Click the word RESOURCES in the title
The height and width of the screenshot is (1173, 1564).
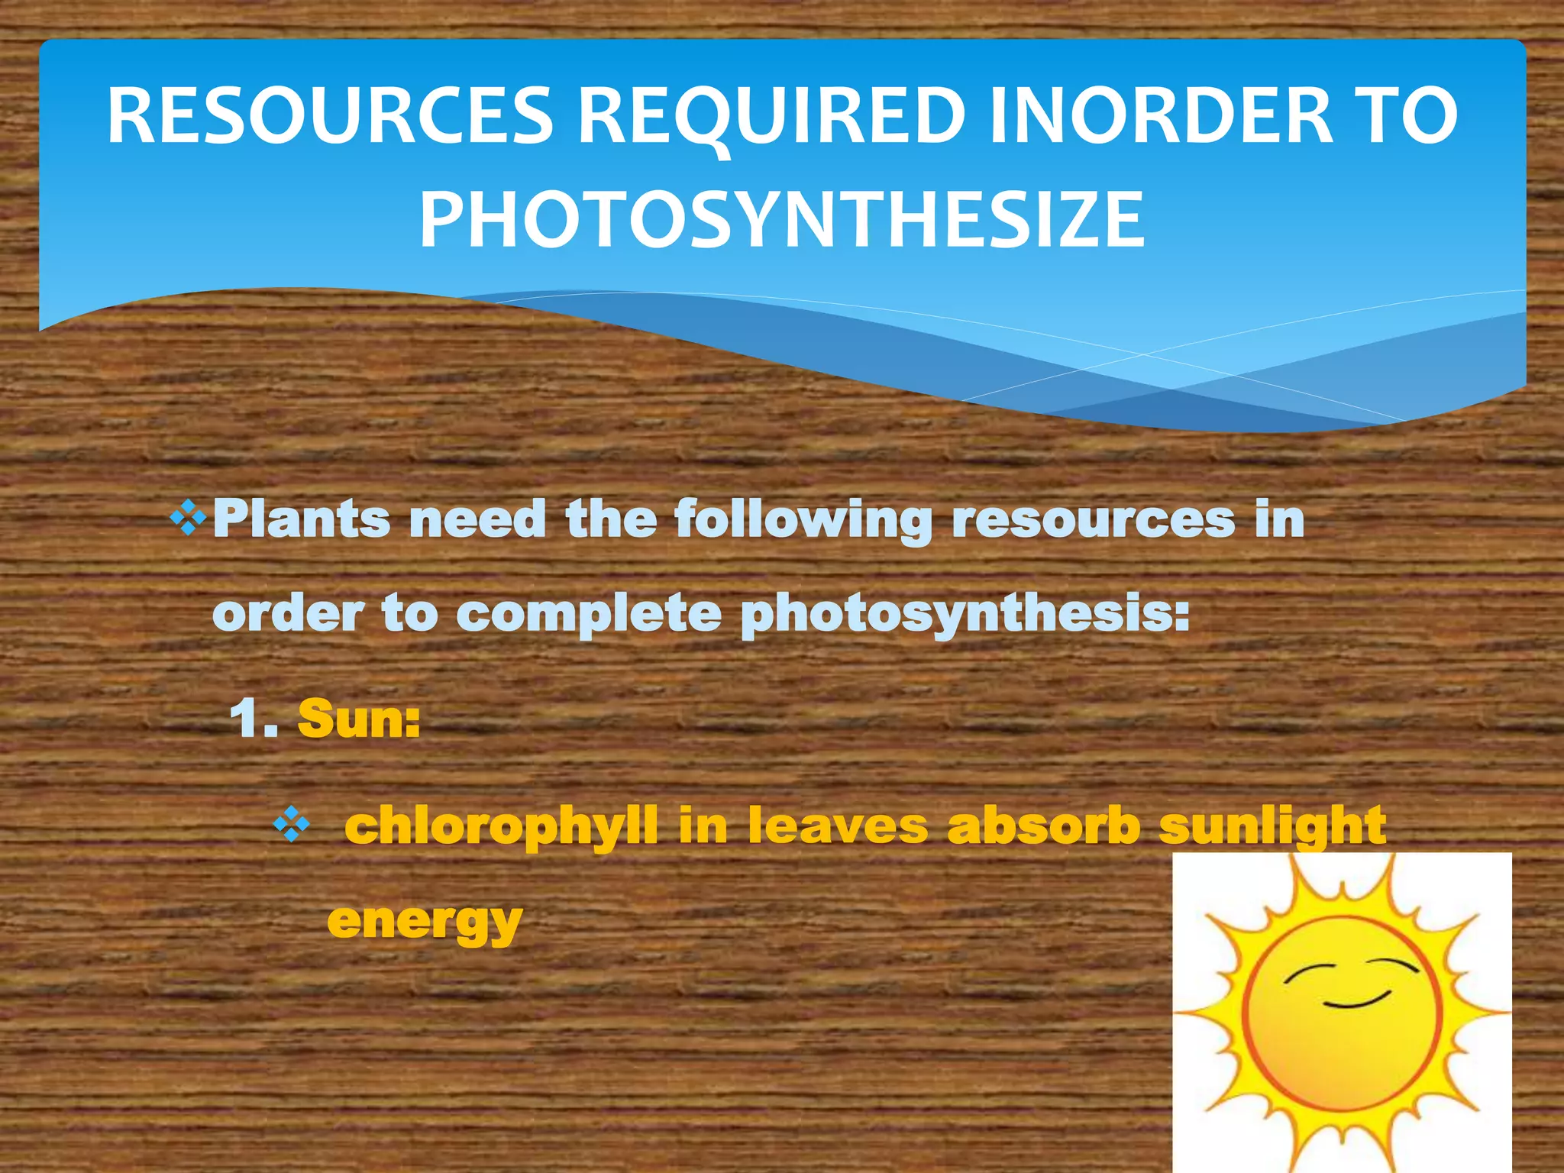[330, 116]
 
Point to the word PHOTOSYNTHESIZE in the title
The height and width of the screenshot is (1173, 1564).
[782, 220]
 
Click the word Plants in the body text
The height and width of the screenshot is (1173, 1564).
[301, 519]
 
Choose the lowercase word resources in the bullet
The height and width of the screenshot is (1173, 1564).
[1093, 519]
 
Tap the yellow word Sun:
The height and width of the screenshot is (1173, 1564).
[359, 719]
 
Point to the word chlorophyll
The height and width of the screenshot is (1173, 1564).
[501, 826]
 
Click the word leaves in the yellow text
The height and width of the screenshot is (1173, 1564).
[838, 826]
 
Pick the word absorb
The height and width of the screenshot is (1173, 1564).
[1043, 826]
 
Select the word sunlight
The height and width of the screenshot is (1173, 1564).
[1272, 826]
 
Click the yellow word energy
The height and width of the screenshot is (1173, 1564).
[425, 923]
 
